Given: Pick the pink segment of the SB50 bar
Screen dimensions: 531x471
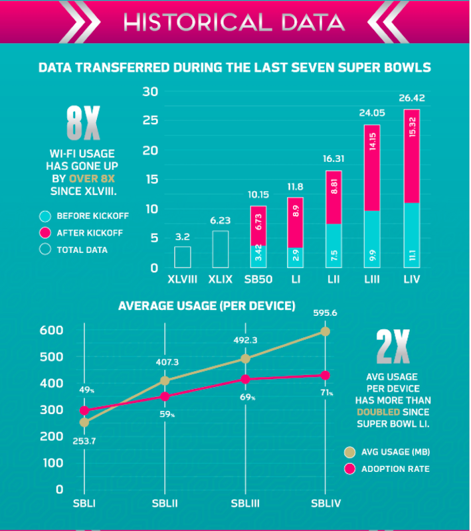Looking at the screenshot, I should (259, 226).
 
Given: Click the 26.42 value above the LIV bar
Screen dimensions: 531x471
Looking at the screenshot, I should (412, 99).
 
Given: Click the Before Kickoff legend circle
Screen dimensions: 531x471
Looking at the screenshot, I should (45, 216).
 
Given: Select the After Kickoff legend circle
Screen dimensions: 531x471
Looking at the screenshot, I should (45, 233).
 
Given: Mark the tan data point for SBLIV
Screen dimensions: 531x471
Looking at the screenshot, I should (325, 331).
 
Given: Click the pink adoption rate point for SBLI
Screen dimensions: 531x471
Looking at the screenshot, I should (84, 411).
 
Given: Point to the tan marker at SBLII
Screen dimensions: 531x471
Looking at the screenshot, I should (165, 381).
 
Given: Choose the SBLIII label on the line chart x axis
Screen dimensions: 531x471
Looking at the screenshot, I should (244, 504).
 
